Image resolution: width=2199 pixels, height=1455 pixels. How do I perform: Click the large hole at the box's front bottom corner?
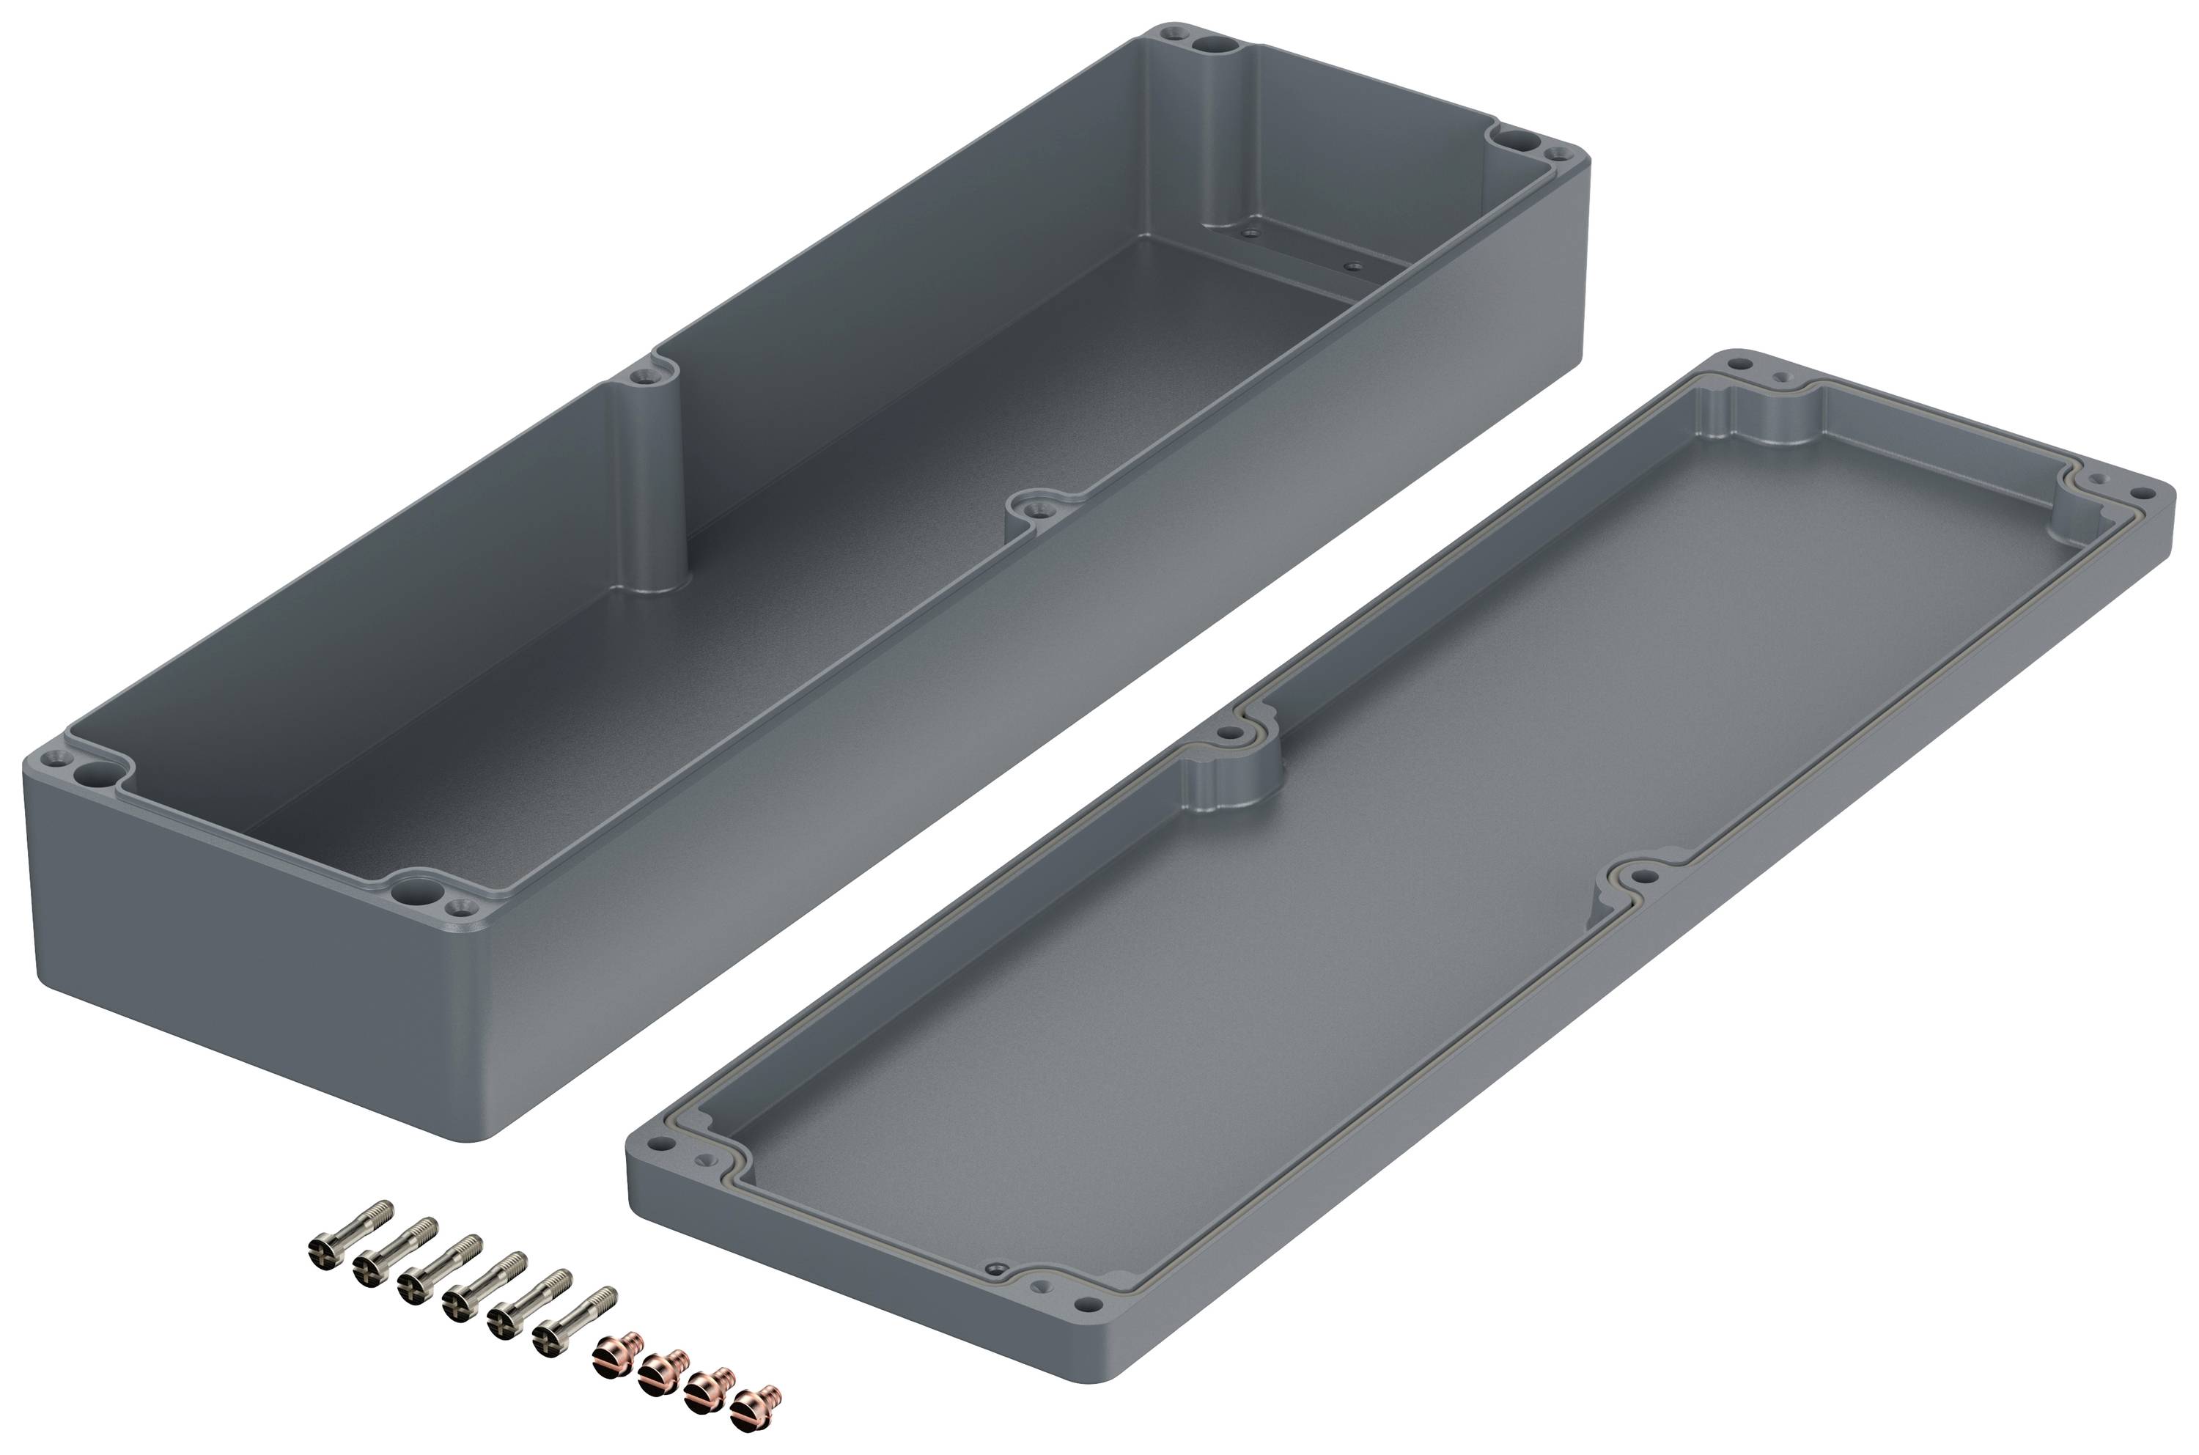point(405,893)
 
